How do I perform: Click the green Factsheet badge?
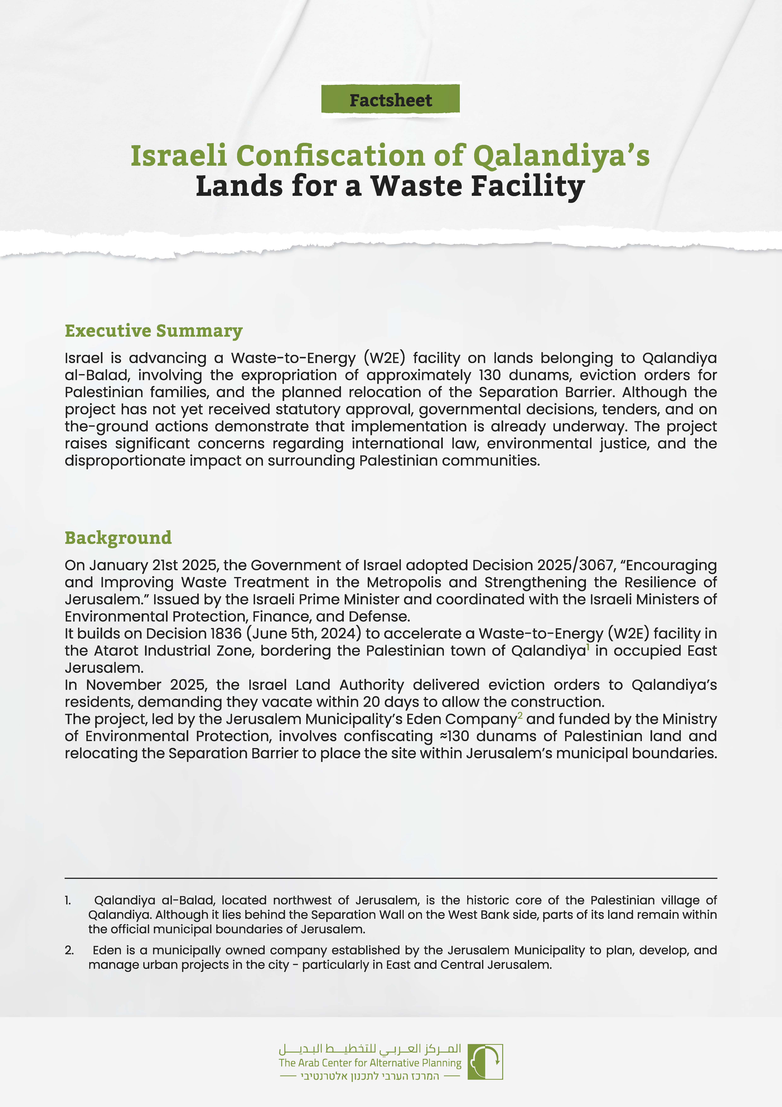(x=390, y=100)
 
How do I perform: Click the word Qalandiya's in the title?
(x=561, y=156)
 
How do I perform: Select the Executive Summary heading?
(x=154, y=331)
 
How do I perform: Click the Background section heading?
(x=118, y=538)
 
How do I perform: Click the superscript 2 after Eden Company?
(x=520, y=716)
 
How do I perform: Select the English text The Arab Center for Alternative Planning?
(x=369, y=1063)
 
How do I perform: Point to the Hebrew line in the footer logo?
(x=369, y=1076)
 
